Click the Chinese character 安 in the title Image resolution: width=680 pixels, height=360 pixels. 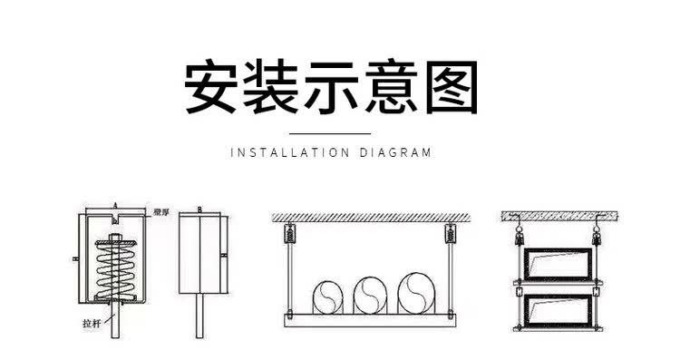tap(214, 87)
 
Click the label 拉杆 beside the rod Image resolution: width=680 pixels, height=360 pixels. tap(88, 321)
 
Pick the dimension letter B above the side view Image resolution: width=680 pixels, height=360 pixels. tap(199, 209)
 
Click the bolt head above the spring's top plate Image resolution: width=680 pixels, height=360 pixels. tap(117, 239)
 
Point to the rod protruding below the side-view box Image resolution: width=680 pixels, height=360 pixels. tap(199, 317)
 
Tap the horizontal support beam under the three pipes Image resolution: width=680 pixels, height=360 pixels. tap(369, 316)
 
